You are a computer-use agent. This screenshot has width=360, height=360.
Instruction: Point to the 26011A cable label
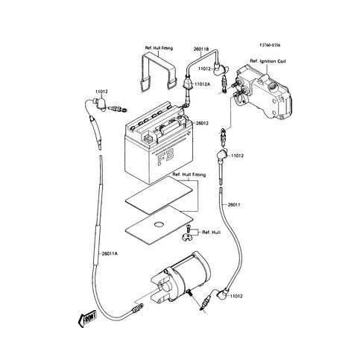(80, 253)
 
